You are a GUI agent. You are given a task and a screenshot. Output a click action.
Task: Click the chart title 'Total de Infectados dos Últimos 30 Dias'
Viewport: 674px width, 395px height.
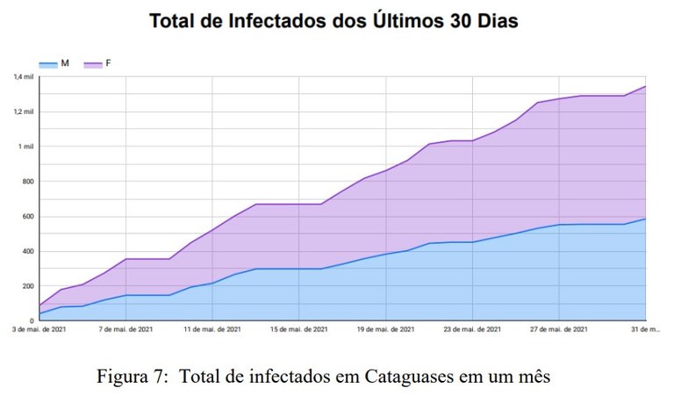coord(333,20)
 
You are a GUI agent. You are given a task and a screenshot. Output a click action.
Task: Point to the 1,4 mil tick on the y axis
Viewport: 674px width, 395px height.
coord(24,77)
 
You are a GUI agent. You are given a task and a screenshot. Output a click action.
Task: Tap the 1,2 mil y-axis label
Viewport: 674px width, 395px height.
coord(24,111)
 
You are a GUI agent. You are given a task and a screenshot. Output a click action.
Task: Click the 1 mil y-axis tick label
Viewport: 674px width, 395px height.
coord(26,147)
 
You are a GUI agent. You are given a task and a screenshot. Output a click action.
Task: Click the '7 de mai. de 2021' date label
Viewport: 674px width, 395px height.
coord(126,329)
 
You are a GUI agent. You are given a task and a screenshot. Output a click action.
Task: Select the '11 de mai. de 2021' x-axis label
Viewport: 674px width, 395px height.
coord(212,329)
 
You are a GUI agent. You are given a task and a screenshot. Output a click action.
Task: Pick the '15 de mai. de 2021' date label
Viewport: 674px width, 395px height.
coord(299,329)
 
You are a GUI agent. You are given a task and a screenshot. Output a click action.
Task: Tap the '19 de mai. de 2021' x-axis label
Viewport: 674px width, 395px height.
coord(385,329)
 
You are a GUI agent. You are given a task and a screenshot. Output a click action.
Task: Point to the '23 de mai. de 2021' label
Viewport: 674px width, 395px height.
coord(472,329)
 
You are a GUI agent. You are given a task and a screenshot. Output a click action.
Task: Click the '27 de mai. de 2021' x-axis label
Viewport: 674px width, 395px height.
coord(558,329)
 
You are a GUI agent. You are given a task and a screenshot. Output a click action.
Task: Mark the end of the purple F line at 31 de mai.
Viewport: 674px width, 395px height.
coord(645,86)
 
